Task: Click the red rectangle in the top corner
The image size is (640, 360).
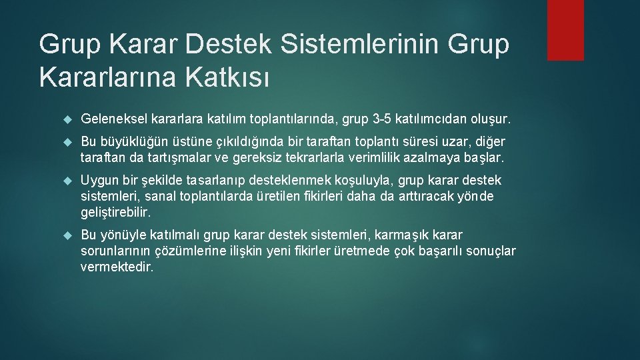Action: [x=565, y=30]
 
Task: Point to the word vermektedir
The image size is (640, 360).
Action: [x=117, y=267]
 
